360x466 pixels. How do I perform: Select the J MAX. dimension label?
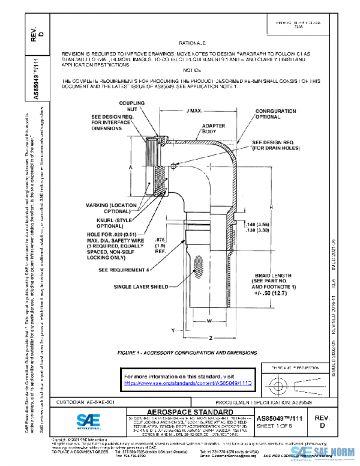click(x=193, y=112)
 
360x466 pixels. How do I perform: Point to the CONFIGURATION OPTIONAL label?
click(x=275, y=115)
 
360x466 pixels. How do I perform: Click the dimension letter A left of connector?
click(x=130, y=169)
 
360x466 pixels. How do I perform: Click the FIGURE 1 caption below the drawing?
click(x=188, y=353)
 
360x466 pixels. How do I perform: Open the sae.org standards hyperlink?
click(x=186, y=381)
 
